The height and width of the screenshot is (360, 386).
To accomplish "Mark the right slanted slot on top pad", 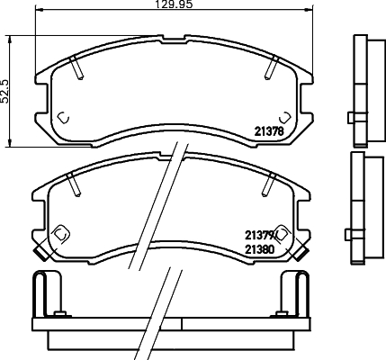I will pyautogui.click(x=271, y=66).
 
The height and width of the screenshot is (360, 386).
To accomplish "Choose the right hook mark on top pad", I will pyautogui.click(x=284, y=117).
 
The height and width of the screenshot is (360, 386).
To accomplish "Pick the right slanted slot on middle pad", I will pyautogui.click(x=270, y=183).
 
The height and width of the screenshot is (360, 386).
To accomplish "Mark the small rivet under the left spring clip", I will pyautogui.click(x=60, y=313).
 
